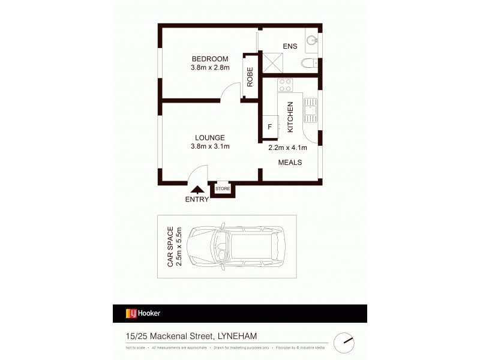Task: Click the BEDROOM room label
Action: (210, 58)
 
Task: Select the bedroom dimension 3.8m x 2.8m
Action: (210, 67)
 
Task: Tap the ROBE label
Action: (250, 77)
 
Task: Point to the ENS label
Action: (290, 46)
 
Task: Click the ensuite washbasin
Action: (311, 40)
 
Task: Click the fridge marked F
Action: (270, 127)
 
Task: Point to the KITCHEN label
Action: (290, 116)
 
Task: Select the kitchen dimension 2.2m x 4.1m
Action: (287, 148)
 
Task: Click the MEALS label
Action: (289, 163)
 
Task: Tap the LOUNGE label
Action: (209, 137)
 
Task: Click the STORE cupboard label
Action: (223, 188)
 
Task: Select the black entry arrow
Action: (199, 190)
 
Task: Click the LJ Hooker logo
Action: (143, 313)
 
